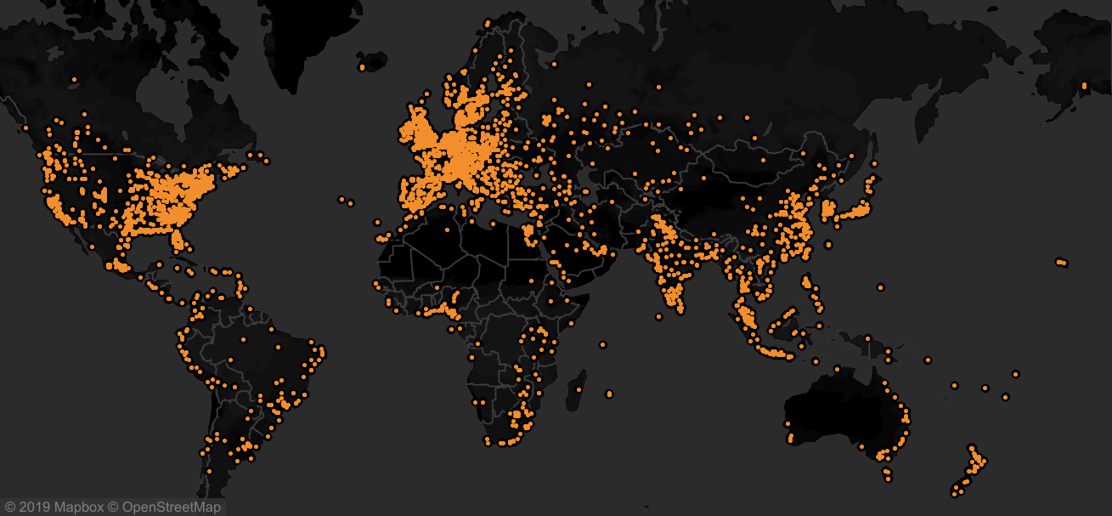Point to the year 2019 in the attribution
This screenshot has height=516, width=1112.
tap(33, 507)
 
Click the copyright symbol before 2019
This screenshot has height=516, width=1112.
tap(9, 507)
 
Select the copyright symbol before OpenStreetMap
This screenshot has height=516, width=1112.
tap(113, 507)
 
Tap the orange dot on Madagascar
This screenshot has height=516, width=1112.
tap(579, 389)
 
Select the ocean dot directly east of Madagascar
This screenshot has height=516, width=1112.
tap(609, 394)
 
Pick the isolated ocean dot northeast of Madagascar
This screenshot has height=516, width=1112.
tap(602, 344)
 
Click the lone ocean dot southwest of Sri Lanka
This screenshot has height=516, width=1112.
tap(658, 316)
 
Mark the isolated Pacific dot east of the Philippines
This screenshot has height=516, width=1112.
tap(881, 286)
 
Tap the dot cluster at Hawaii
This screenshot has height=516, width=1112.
tap(1061, 263)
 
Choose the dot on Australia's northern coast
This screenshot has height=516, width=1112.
tap(837, 369)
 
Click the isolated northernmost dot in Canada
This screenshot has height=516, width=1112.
tap(74, 80)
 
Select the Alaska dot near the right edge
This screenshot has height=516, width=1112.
tap(1084, 85)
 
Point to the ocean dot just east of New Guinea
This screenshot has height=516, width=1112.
tap(927, 360)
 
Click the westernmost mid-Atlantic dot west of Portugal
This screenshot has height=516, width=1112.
tap(342, 200)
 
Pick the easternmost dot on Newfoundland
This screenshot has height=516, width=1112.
tap(267, 161)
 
